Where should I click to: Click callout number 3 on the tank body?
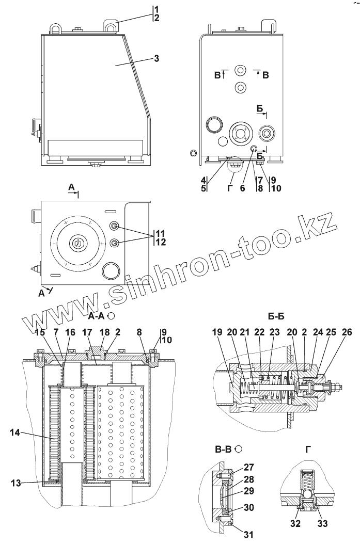(156, 58)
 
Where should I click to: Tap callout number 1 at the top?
(156, 9)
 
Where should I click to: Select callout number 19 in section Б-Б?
(216, 332)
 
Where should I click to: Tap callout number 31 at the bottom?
(249, 535)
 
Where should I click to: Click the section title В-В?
(223, 448)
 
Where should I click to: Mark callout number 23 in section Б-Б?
(274, 332)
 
